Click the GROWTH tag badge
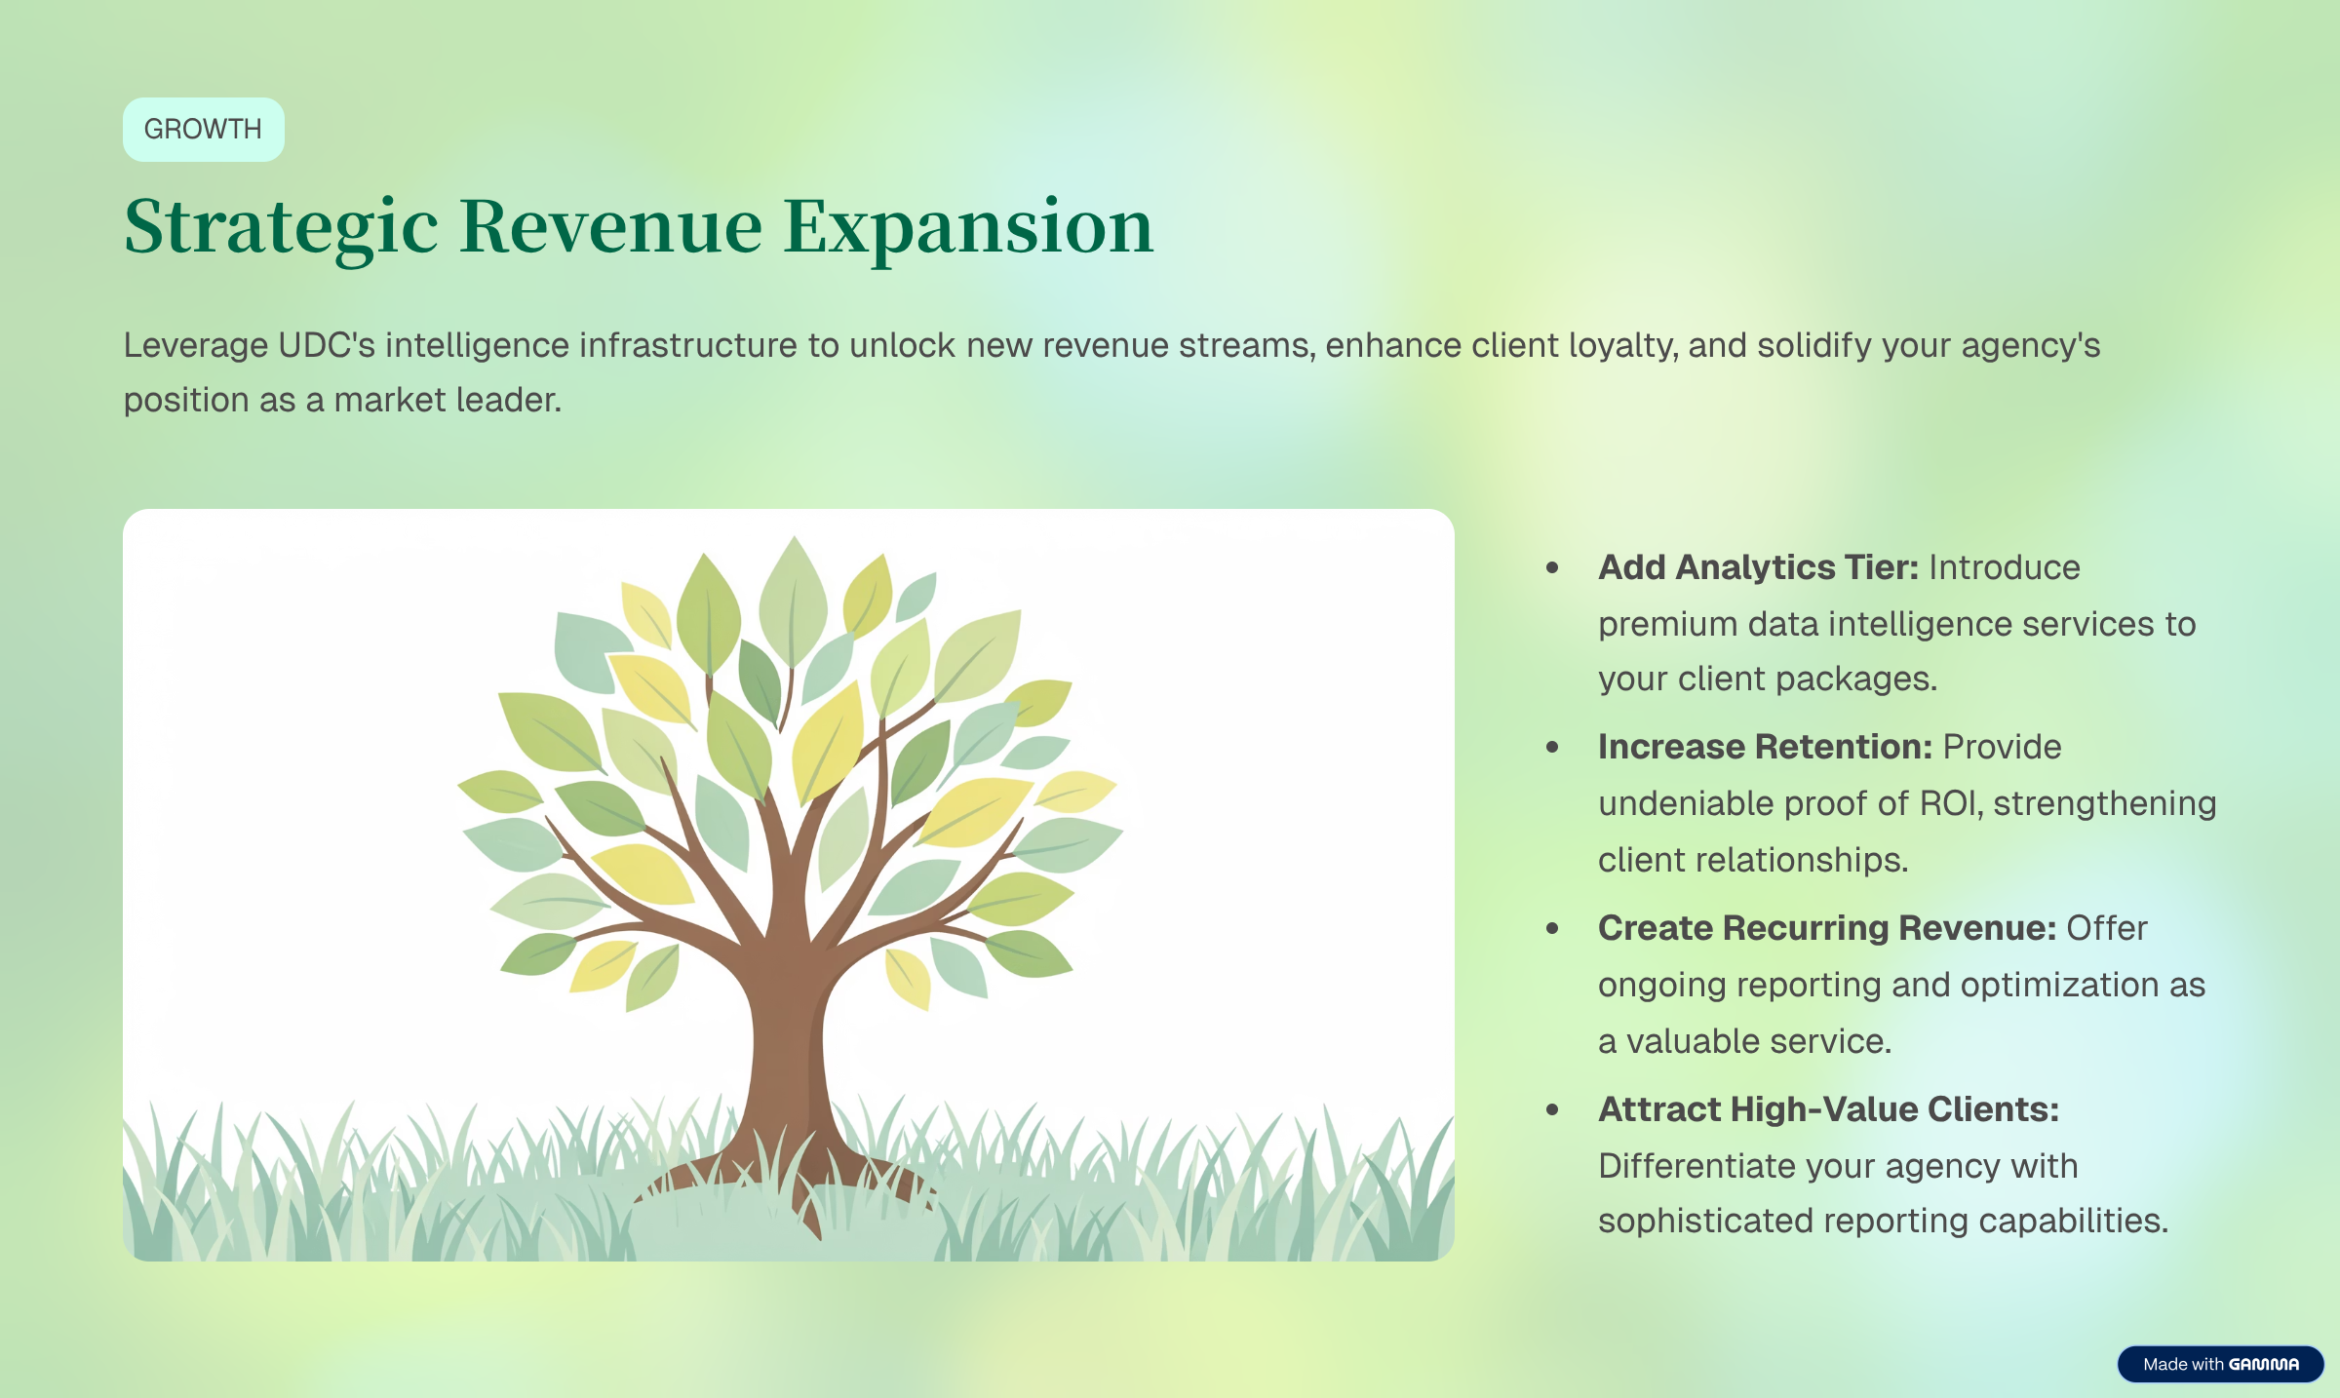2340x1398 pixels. [x=203, y=130]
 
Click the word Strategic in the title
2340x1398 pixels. [x=281, y=227]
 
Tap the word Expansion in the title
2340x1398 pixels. [x=968, y=227]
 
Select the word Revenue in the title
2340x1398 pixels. [x=610, y=227]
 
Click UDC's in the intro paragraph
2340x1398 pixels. [x=326, y=346]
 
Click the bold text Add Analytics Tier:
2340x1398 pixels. [x=1757, y=567]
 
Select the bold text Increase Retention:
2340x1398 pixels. [x=1764, y=747]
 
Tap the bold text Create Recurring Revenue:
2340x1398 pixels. [x=1826, y=928]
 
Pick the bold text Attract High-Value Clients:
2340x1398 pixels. [x=1828, y=1109]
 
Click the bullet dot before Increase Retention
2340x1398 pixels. [x=1552, y=748]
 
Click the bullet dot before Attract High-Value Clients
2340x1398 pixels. [x=1552, y=1110]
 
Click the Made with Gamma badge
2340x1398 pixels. [x=2220, y=1364]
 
